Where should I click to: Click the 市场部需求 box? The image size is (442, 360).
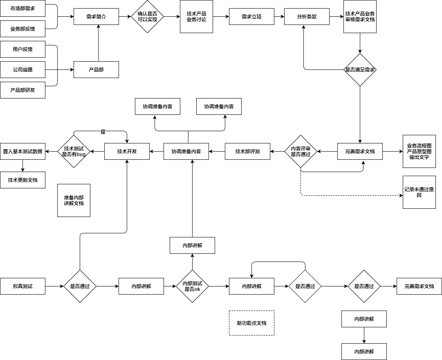click(22, 8)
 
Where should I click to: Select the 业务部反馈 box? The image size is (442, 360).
click(22, 29)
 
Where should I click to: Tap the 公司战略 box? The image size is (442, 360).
click(22, 69)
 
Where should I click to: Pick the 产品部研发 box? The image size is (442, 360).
click(22, 90)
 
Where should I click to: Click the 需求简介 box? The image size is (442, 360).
click(96, 17)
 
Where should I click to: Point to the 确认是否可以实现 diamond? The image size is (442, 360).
click(147, 17)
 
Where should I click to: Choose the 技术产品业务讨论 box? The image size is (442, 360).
click(196, 17)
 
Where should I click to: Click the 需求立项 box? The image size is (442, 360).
click(251, 17)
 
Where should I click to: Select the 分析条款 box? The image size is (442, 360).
click(307, 17)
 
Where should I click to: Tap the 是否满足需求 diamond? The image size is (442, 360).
click(360, 70)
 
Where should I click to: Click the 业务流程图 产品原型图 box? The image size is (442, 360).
click(419, 151)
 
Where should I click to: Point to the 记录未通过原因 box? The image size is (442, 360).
click(419, 192)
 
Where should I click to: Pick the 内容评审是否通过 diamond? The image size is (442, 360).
click(301, 152)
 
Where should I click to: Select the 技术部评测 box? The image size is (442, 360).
click(247, 152)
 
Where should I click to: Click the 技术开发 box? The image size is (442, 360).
click(127, 152)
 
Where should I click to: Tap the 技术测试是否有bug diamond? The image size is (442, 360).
click(74, 152)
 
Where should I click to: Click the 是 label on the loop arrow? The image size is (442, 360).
click(103, 132)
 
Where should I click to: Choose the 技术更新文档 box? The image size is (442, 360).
click(22, 180)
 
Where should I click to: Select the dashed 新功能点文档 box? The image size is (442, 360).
click(251, 323)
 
